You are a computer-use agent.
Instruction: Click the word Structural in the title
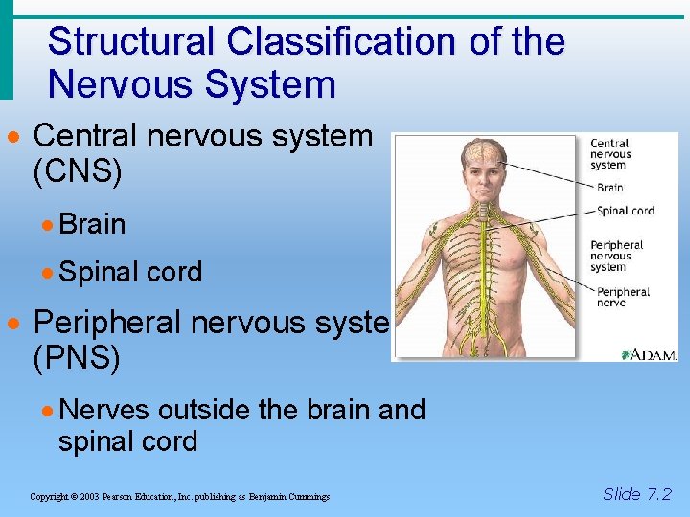(x=130, y=42)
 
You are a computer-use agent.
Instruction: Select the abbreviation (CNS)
(x=78, y=173)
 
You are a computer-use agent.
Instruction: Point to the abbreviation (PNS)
(x=77, y=359)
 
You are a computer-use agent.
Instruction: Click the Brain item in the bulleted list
(x=92, y=224)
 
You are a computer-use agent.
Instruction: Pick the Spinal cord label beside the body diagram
(x=625, y=211)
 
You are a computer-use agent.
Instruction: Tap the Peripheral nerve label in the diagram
(x=623, y=297)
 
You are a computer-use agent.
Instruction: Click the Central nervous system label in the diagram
(x=610, y=154)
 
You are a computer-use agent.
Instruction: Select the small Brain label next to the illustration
(x=609, y=188)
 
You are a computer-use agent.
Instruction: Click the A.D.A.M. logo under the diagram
(x=649, y=354)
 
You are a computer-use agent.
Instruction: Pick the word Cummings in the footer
(x=308, y=497)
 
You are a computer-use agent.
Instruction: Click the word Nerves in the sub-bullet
(x=103, y=410)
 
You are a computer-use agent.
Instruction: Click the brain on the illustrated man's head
(x=483, y=151)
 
